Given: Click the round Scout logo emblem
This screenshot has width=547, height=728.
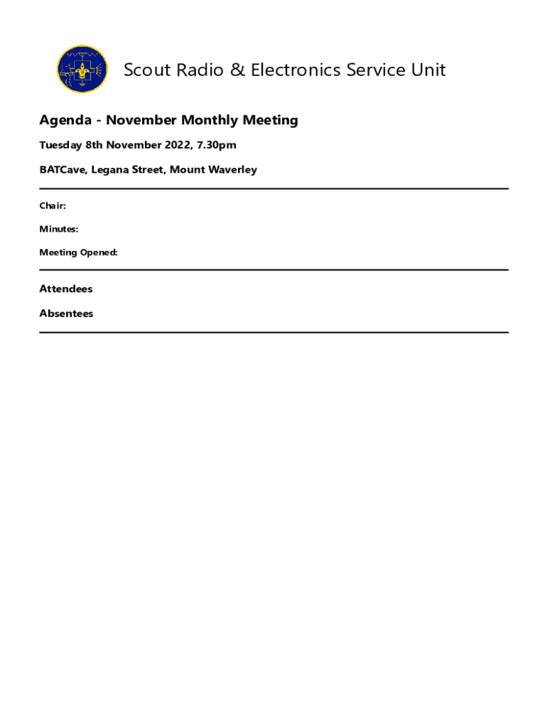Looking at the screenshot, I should tap(82, 70).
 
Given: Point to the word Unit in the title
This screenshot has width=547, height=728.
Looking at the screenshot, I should tap(429, 70).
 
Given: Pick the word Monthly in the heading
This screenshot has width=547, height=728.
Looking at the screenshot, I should tap(208, 120).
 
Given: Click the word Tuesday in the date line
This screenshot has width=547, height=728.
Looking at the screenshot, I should tap(60, 146).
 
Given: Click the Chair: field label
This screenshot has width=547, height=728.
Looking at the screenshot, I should tap(53, 206).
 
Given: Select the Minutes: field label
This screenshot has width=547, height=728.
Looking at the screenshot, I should tap(59, 230).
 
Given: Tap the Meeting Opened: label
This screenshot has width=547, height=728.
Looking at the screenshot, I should tap(78, 253).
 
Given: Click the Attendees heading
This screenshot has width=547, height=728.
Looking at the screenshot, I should tap(66, 289).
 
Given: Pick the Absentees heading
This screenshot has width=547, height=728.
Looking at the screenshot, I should tap(66, 314).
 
